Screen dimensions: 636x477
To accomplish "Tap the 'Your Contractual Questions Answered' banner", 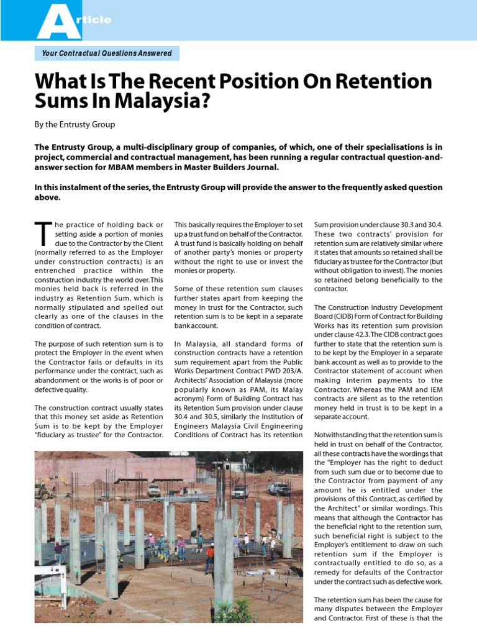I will tap(107, 53).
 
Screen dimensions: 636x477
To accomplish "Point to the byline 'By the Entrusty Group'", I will tap(75, 124).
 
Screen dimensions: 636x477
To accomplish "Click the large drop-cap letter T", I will tap(42, 234).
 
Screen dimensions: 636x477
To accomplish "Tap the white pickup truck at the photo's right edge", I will tap(279, 489).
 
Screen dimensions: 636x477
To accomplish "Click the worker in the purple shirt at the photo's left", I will tap(58, 550).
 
